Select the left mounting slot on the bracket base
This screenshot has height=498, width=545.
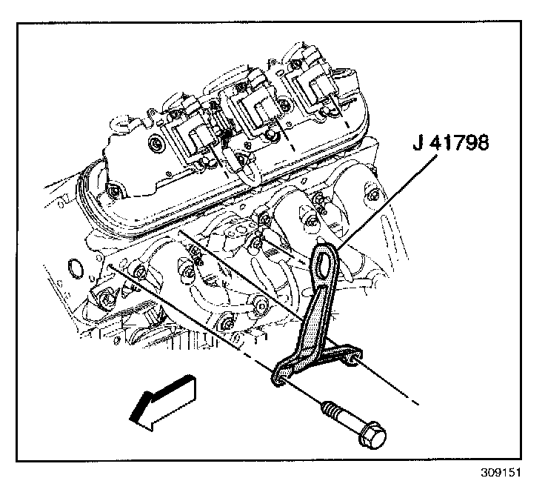pos(279,377)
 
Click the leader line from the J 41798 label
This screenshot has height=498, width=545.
pos(378,200)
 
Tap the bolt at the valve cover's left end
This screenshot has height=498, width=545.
pos(113,195)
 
